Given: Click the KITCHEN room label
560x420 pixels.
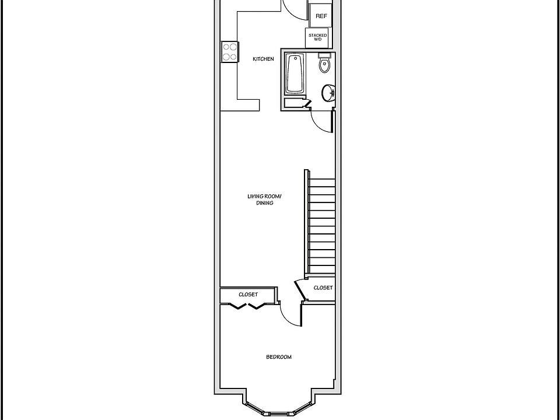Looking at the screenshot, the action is click(263, 59).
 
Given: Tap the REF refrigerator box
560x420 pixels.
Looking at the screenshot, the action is click(321, 16).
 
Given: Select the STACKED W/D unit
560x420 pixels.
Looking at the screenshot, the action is click(317, 37).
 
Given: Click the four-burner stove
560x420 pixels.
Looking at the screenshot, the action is click(230, 51).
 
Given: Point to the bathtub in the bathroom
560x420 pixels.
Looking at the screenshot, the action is click(295, 73).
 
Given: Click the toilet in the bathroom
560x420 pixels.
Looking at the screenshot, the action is click(324, 62).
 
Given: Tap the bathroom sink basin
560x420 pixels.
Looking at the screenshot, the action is click(328, 93).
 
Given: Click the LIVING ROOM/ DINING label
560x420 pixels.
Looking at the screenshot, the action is click(265, 199).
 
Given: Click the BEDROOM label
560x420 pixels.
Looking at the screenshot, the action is click(279, 357).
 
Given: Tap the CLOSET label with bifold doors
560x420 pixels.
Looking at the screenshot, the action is click(249, 295).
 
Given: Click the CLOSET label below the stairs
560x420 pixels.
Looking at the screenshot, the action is click(323, 288).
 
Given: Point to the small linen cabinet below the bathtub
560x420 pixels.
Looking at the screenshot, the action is click(296, 103).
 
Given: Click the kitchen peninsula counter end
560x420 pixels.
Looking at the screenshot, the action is click(249, 105).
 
